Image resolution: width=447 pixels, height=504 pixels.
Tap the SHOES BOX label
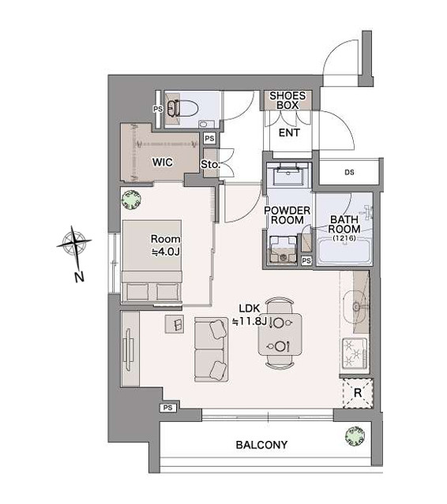(287, 100)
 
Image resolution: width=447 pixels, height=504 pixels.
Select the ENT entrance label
(289, 133)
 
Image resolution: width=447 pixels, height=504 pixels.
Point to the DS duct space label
(350, 172)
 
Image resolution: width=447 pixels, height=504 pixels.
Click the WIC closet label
(163, 162)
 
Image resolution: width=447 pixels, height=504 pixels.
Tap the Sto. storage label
(210, 165)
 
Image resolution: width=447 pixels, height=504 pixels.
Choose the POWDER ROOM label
(287, 215)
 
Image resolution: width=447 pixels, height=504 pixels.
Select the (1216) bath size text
(344, 238)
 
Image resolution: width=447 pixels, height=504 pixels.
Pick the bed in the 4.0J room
(152, 261)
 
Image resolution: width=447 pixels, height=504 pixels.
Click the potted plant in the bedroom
(132, 200)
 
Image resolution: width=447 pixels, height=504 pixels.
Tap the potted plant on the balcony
(355, 436)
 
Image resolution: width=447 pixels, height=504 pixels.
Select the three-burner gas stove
(355, 353)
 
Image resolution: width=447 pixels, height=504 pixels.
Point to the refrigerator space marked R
(358, 394)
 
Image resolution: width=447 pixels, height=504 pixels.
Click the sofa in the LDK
(211, 349)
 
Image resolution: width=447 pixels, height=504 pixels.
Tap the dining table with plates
(280, 334)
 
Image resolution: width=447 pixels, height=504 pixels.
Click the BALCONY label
(261, 445)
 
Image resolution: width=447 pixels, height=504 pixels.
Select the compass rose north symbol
(74, 245)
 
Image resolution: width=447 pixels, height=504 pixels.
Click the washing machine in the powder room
(284, 250)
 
